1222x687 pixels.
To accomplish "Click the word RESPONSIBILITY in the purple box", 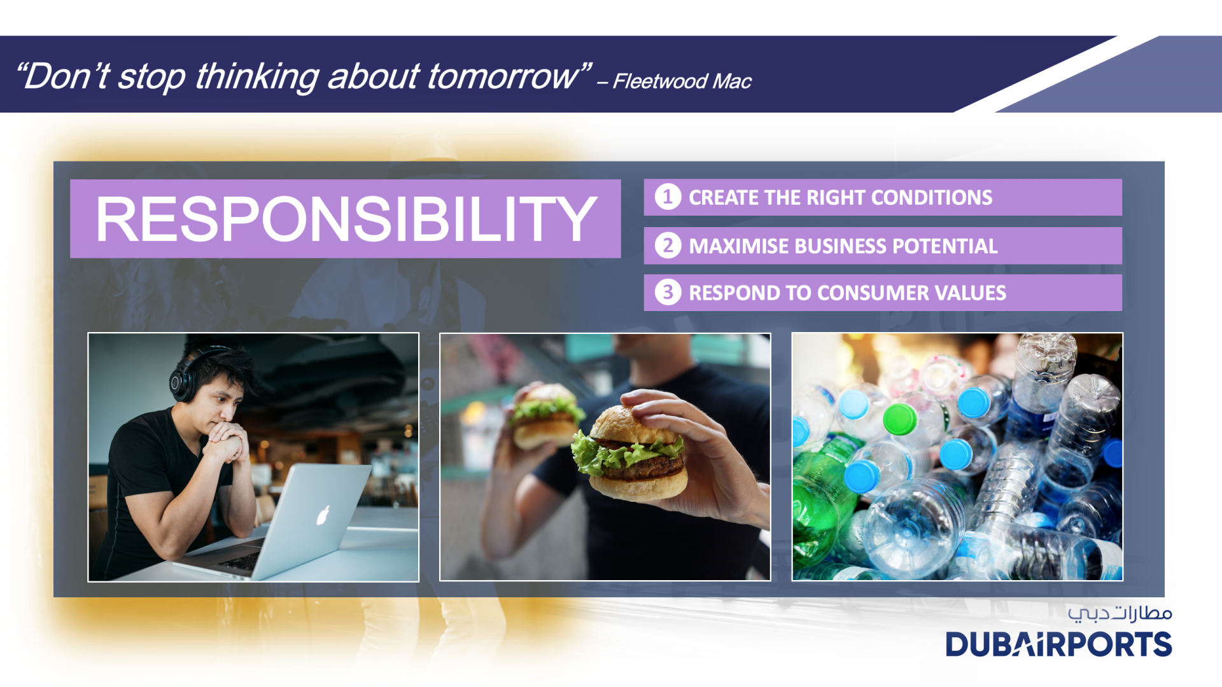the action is coord(346,219).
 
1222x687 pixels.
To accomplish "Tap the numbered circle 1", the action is coord(668,197).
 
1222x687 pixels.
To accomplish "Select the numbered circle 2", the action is coord(668,246).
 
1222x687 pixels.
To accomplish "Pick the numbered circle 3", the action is coord(668,293).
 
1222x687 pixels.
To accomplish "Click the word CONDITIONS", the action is coord(931,198).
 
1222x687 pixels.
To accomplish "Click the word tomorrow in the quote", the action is coord(503,76).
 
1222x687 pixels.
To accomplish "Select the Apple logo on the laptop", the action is coord(323,515).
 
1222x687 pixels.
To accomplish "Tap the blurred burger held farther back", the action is coord(547,417).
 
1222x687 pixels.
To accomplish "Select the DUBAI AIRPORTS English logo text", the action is coord(1058,644).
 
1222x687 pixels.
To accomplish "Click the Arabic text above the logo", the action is coord(1120,613).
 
